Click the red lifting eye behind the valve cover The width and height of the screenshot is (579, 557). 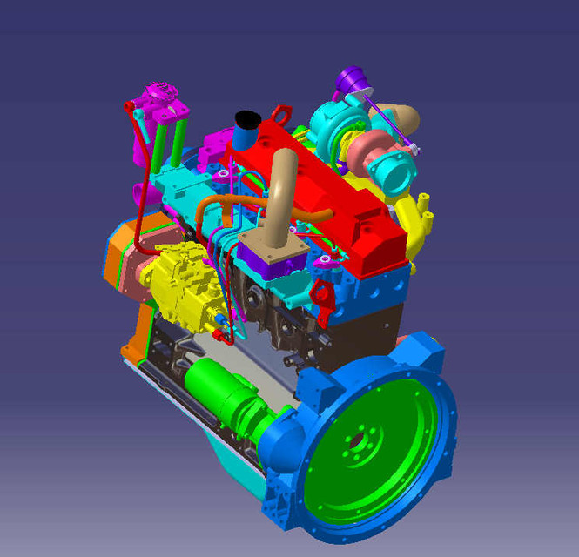281,115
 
